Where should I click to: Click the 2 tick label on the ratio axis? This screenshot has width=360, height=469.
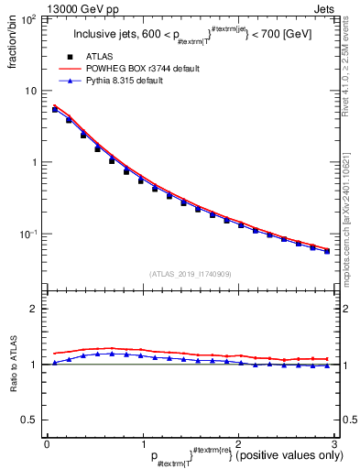[x=34, y=309]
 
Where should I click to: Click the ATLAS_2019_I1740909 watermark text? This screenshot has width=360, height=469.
[x=191, y=274]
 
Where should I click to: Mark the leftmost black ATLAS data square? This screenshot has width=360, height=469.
[x=56, y=110]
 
